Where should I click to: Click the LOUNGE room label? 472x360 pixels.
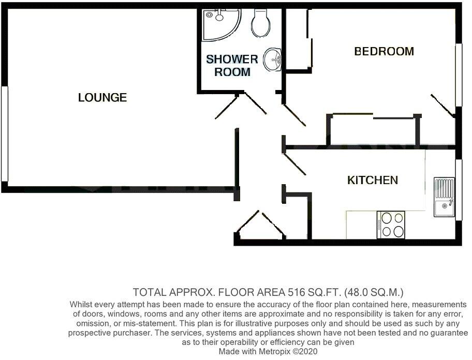coord(102,97)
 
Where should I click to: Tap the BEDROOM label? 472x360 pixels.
coord(384,51)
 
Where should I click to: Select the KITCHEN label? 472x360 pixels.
coord(372,180)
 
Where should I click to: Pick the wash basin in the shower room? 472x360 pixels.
coord(273,59)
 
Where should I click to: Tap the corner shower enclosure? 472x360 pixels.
coord(218,23)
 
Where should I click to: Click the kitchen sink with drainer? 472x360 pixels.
coord(444,198)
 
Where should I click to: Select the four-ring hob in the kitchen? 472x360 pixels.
coord(392,224)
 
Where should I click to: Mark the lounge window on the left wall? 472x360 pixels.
coord(4,133)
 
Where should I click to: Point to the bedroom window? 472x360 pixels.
coord(458,76)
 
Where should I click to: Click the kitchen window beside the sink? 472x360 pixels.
coord(458,190)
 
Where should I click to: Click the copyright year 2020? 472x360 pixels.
coord(318,351)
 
